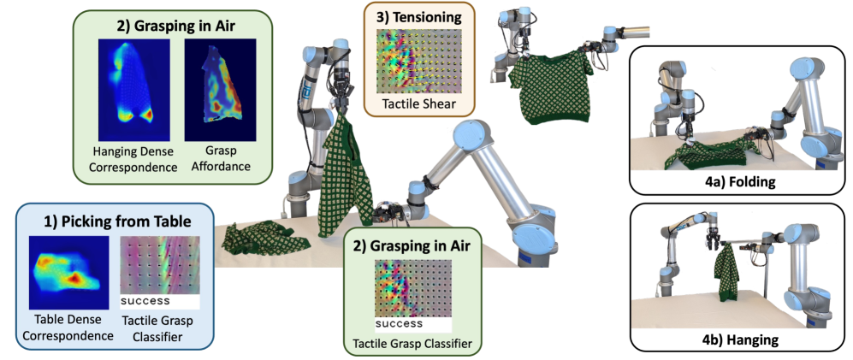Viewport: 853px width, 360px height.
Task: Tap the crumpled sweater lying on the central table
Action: click(x=261, y=237)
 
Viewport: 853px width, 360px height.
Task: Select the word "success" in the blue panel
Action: click(x=145, y=301)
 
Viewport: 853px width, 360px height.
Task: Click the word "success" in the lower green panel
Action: click(x=398, y=324)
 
